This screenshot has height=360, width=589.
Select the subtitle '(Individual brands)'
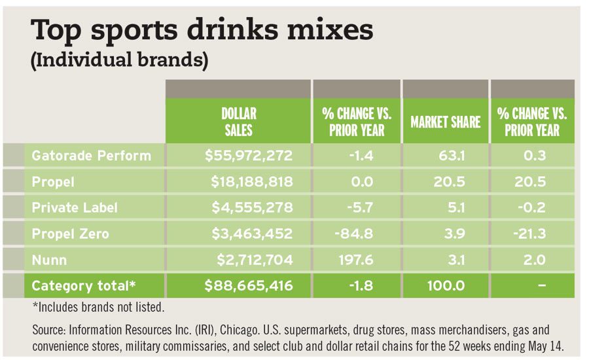click(120, 61)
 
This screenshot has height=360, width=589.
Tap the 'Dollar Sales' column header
click(238, 122)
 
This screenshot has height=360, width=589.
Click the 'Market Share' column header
click(445, 122)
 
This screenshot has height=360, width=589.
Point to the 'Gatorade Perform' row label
click(92, 156)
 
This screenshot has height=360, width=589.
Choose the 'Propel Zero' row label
click(71, 234)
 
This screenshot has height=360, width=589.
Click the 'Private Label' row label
click(75, 207)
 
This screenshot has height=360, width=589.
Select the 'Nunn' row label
click(49, 260)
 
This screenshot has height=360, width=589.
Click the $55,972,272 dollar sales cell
click(248, 156)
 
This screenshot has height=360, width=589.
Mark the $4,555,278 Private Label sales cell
click(252, 207)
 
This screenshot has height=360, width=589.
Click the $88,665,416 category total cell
click(248, 286)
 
